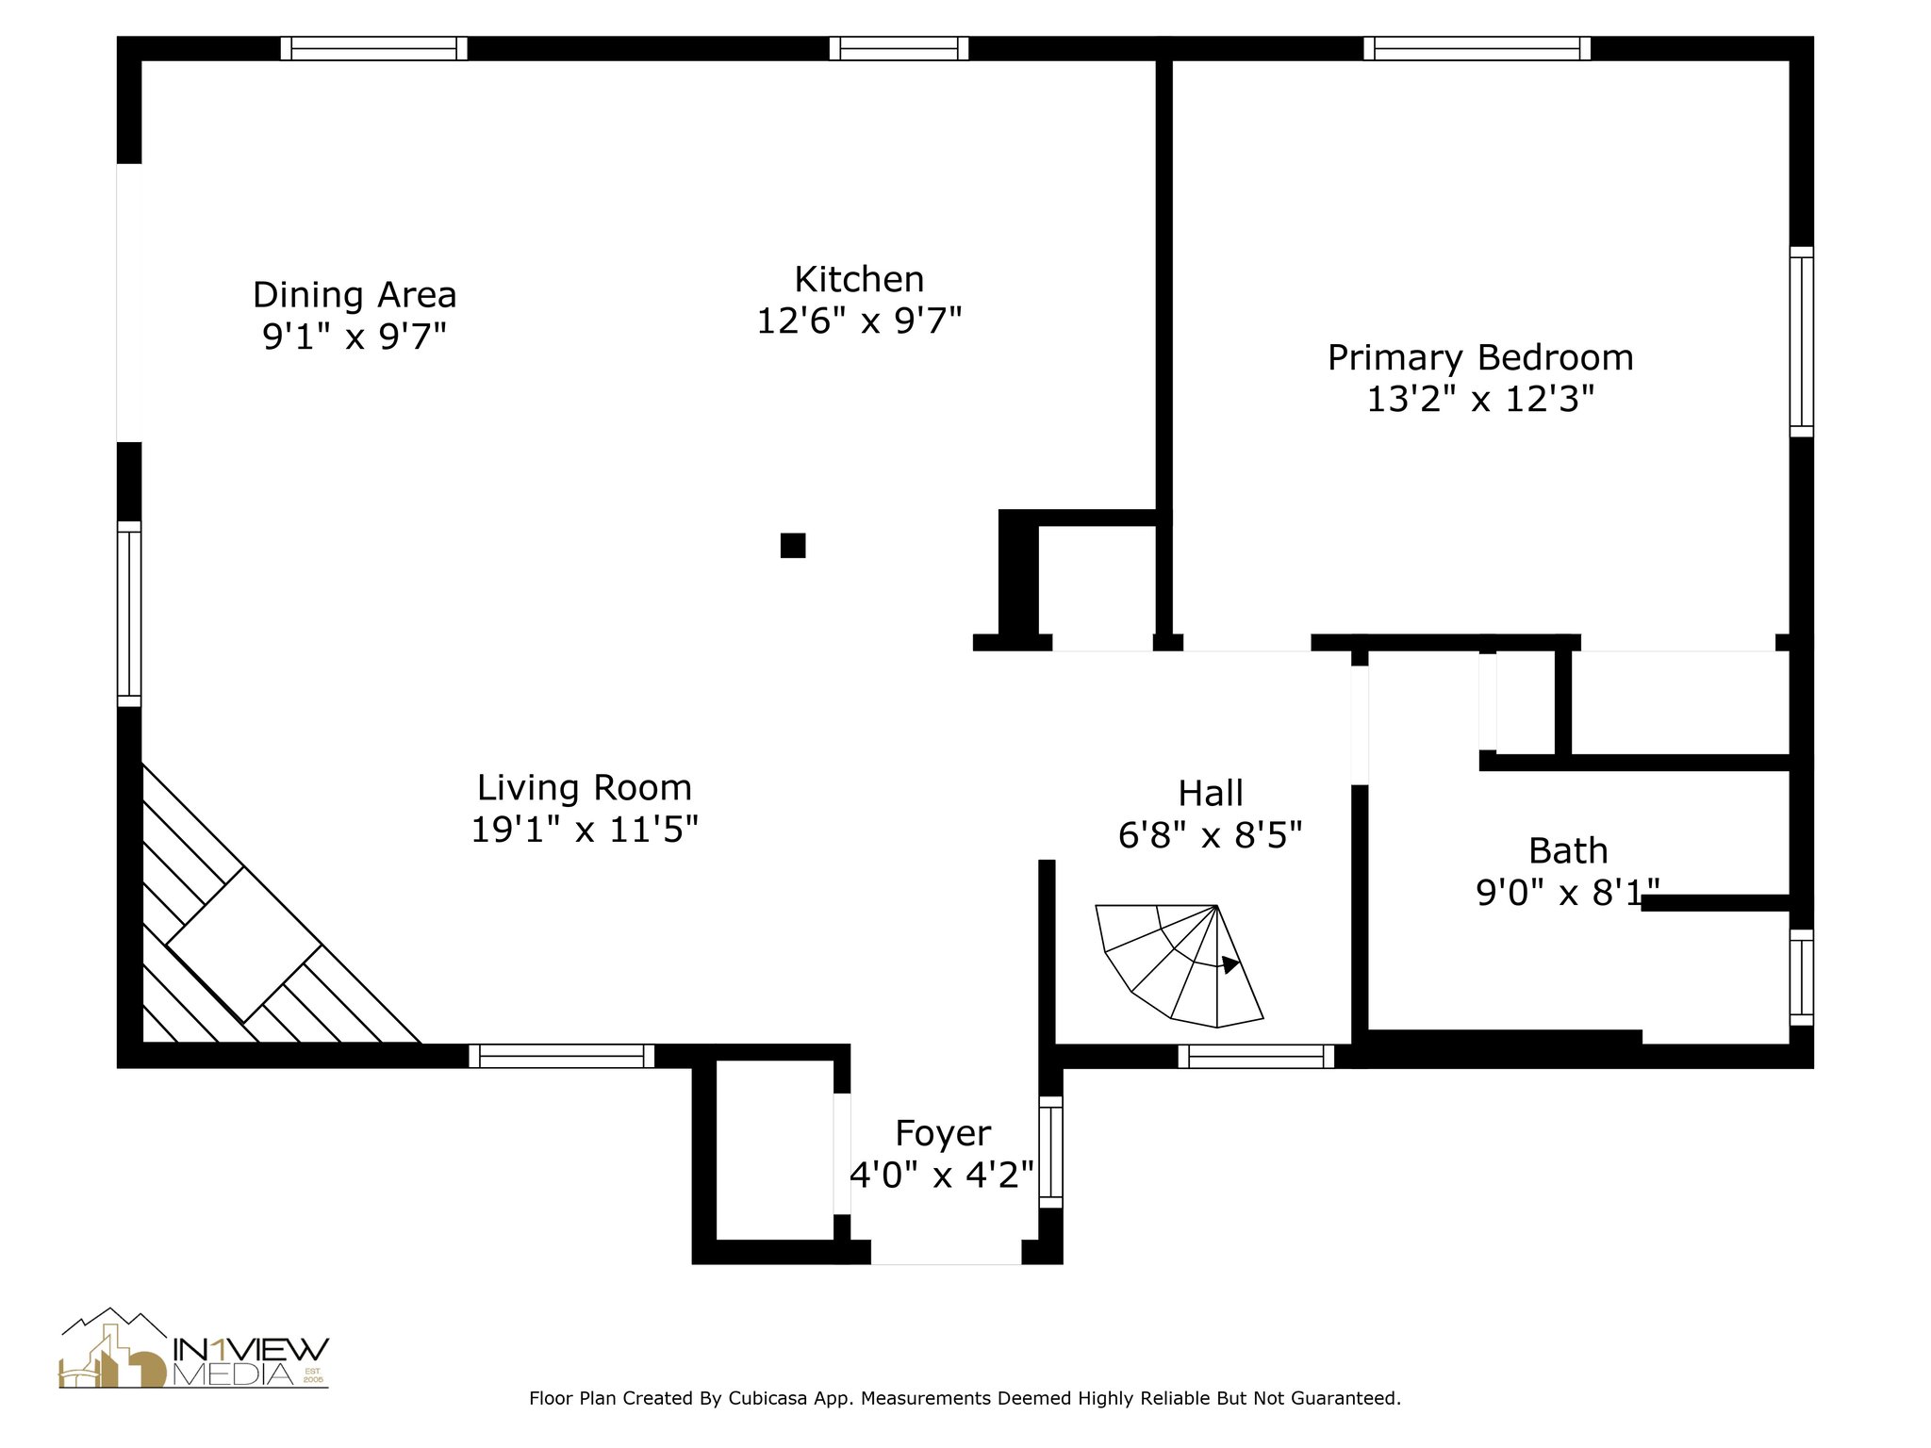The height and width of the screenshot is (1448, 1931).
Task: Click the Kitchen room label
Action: coord(859,279)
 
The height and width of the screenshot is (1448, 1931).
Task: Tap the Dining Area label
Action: coord(355,295)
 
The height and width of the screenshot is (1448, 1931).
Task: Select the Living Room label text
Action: coord(585,787)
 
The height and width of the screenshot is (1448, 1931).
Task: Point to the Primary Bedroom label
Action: coord(1480,358)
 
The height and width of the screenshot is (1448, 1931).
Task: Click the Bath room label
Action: coord(1568,850)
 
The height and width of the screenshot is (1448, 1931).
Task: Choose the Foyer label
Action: coord(943,1132)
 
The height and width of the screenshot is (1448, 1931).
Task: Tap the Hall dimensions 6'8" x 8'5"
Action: coord(1211,834)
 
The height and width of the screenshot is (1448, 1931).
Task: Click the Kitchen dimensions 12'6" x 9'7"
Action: coord(859,321)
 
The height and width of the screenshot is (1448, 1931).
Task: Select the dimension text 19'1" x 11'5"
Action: coord(585,830)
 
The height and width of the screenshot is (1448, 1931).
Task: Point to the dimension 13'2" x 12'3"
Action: coord(1480,400)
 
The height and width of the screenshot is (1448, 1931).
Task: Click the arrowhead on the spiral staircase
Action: coord(1230,964)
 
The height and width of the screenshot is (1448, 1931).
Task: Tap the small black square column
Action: coord(793,545)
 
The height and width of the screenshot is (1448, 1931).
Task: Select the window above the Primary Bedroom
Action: coord(1477,48)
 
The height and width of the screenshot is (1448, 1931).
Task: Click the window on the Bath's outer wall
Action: coord(1801,977)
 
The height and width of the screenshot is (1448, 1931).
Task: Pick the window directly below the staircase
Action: coord(1256,1056)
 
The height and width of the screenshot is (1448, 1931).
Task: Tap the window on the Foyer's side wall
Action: coord(1050,1151)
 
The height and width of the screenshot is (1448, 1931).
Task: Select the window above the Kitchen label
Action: coord(899,48)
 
